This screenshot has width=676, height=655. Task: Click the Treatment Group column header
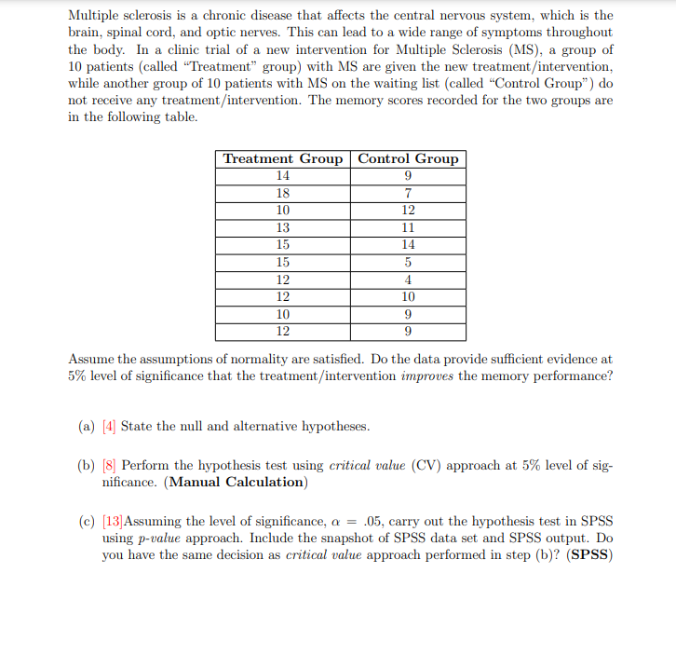[x=283, y=159]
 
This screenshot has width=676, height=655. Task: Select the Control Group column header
[x=408, y=159]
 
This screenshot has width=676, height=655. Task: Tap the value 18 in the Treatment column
[x=283, y=193]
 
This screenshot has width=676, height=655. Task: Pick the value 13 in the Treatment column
[x=283, y=227]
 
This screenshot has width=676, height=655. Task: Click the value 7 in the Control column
[x=408, y=193]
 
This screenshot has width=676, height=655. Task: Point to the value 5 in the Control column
[x=408, y=262]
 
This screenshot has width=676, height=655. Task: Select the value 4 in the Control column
[x=408, y=280]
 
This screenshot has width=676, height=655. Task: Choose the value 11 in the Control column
[x=408, y=227]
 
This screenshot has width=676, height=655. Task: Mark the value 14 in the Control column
[x=408, y=244]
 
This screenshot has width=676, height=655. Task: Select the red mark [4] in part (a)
[x=109, y=426]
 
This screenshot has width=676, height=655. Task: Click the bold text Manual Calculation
[x=236, y=482]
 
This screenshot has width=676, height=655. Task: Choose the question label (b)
[x=87, y=465]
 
